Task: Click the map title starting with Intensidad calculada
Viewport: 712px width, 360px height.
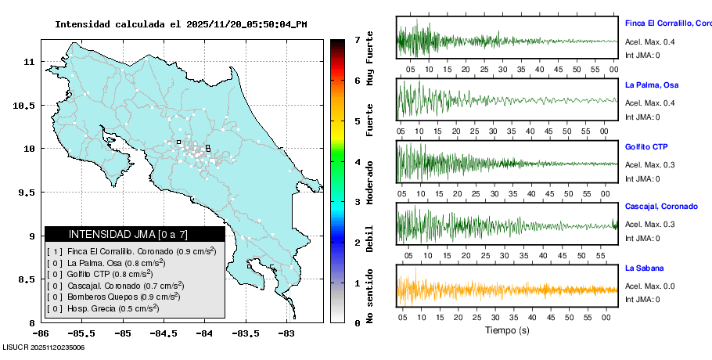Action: coord(181,24)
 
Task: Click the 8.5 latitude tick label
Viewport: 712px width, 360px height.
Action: coord(27,279)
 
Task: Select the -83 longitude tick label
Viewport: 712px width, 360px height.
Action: coord(286,333)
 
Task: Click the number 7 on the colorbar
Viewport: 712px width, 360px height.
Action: coord(357,39)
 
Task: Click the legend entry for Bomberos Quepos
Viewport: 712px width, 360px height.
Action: coord(113,297)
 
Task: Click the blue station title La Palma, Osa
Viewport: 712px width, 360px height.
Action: coord(652,85)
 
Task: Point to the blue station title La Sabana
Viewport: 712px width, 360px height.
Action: coord(644,268)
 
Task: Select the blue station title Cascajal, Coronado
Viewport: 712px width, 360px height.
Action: coord(661,206)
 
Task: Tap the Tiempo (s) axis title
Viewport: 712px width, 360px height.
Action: coord(506,330)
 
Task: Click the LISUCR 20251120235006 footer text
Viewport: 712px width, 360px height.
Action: coord(43,347)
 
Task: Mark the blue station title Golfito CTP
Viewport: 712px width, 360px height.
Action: coord(645,146)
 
